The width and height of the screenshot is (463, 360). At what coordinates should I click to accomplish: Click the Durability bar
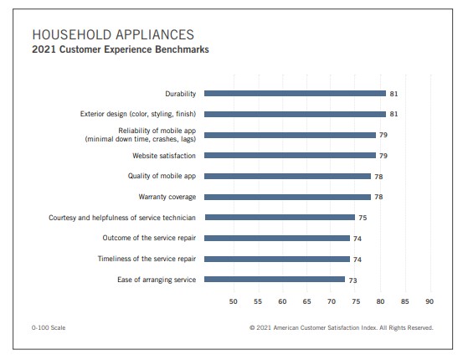pyautogui.click(x=295, y=93)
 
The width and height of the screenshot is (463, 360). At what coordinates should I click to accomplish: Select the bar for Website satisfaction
pyautogui.click(x=290, y=156)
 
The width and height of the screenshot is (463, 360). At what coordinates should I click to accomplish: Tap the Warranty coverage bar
pyautogui.click(x=287, y=197)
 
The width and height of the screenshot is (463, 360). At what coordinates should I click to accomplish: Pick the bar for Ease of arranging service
pyautogui.click(x=275, y=280)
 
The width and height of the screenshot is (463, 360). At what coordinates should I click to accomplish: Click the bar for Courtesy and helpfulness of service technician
pyautogui.click(x=280, y=218)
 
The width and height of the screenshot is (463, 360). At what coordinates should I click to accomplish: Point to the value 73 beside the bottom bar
pyautogui.click(x=352, y=280)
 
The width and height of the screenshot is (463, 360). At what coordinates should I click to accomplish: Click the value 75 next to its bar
pyautogui.click(x=363, y=218)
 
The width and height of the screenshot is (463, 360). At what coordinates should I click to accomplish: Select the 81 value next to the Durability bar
pyautogui.click(x=394, y=94)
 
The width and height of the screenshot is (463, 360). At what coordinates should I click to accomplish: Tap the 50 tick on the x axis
pyautogui.click(x=234, y=301)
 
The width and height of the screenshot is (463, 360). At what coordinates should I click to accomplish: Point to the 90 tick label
pyautogui.click(x=430, y=301)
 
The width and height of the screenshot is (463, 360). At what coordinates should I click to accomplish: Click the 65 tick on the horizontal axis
pyautogui.click(x=306, y=301)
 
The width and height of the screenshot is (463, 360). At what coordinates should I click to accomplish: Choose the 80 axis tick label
pyautogui.click(x=380, y=301)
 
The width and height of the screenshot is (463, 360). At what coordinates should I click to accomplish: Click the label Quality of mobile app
pyautogui.click(x=162, y=176)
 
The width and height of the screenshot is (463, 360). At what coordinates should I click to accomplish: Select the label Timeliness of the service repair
pyautogui.click(x=147, y=259)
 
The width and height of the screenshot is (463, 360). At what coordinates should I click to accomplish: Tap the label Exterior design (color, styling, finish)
pyautogui.click(x=138, y=114)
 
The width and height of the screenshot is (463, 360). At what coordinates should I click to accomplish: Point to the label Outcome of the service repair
pyautogui.click(x=149, y=238)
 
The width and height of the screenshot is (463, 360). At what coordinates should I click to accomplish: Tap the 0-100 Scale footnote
pyautogui.click(x=49, y=327)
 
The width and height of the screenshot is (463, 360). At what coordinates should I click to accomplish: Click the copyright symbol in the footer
pyautogui.click(x=252, y=327)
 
